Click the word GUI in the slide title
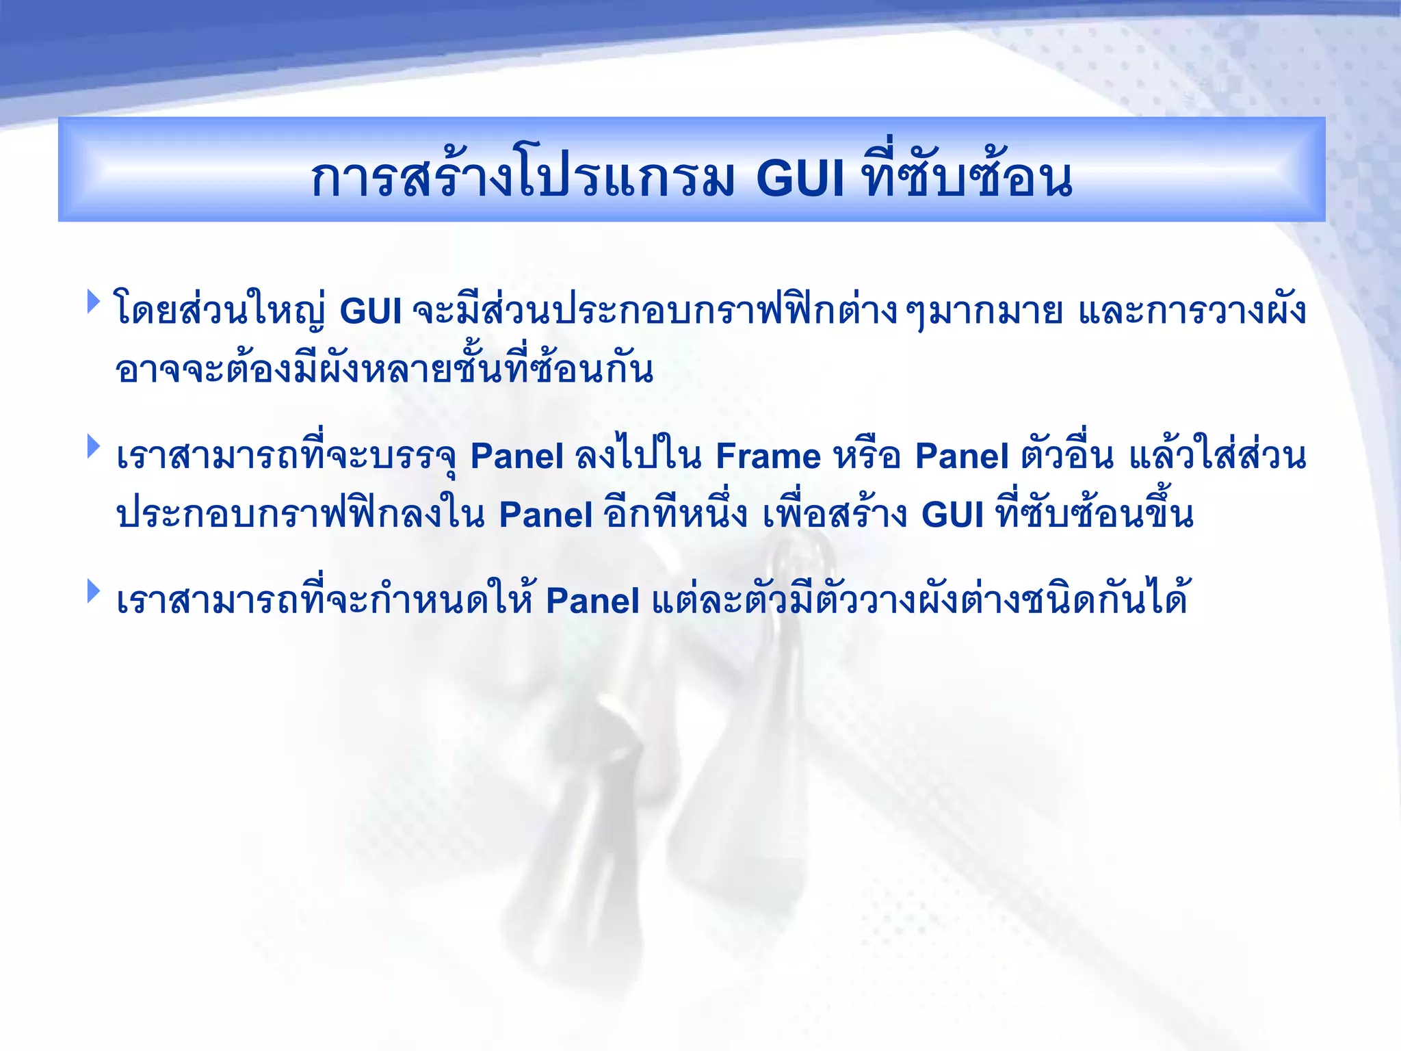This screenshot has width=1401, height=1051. [x=800, y=179]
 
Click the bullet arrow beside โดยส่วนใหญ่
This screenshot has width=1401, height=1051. [x=94, y=302]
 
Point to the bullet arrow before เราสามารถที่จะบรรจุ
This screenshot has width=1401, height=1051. [x=94, y=447]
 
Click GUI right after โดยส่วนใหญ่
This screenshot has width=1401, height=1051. [x=370, y=311]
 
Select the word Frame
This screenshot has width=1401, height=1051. [x=768, y=456]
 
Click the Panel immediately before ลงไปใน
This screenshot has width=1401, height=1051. [x=517, y=456]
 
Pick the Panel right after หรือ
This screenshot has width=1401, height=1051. [x=962, y=456]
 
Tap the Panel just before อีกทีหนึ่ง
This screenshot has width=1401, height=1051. [x=545, y=515]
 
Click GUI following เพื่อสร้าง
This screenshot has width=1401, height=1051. [x=952, y=515]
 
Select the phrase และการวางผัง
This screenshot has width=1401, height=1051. [x=1192, y=311]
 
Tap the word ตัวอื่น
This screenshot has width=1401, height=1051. [x=1067, y=456]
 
